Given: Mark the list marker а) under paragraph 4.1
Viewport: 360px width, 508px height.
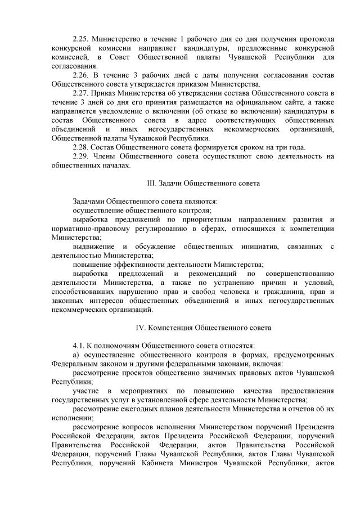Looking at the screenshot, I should (x=77, y=354).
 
